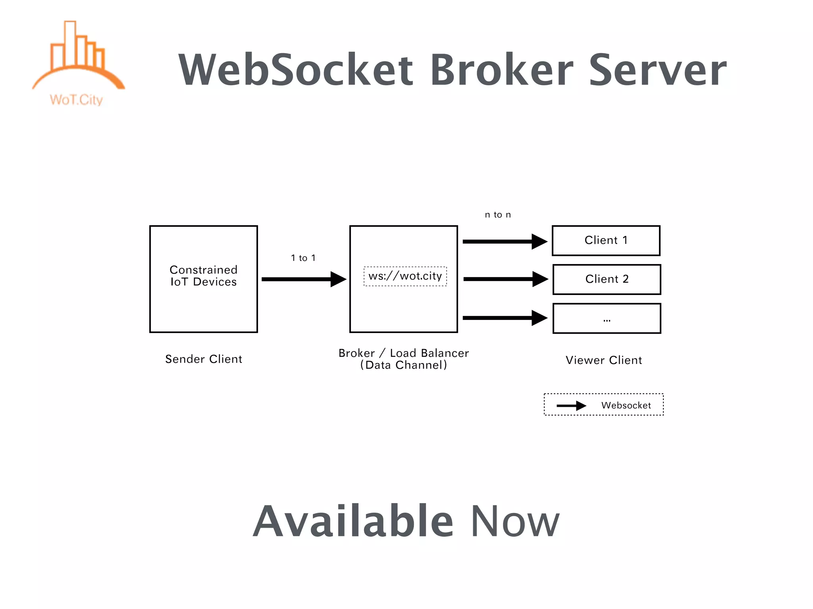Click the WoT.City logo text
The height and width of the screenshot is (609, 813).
76,100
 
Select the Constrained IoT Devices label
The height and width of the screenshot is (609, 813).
203,276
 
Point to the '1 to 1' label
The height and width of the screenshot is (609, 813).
303,258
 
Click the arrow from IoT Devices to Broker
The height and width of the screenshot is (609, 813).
303,279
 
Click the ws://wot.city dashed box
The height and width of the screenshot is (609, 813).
405,276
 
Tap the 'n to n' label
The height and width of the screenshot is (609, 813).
498,214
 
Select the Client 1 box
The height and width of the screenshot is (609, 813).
606,240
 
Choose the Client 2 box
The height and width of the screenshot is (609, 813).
607,279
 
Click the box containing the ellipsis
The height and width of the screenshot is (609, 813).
607,318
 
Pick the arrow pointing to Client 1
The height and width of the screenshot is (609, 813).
505,241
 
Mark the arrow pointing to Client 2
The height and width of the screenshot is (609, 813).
505,279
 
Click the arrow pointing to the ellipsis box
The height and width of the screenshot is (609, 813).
505,318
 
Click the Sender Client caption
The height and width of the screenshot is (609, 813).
203,359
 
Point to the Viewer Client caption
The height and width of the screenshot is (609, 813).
603,360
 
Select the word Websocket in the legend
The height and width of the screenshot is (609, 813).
626,405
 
